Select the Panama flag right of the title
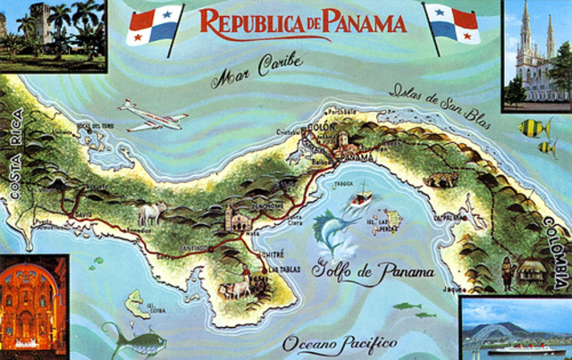tap(452, 24)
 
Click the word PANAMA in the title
tap(357, 21)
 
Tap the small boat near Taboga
tap(361, 196)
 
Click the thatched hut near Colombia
tap(532, 269)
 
